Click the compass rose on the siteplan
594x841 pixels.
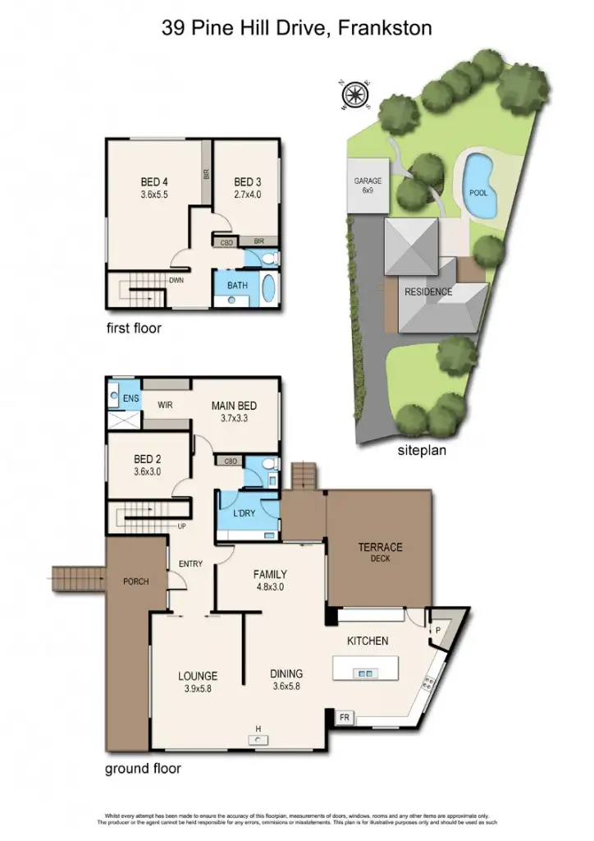point(354,95)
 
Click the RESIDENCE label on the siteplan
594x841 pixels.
point(427,292)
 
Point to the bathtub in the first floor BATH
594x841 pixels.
point(269,290)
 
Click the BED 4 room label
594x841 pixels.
point(154,182)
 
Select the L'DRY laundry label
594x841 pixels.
point(245,513)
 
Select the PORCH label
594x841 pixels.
point(135,582)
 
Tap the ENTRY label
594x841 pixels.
point(190,564)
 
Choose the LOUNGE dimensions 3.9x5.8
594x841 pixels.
point(197,688)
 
